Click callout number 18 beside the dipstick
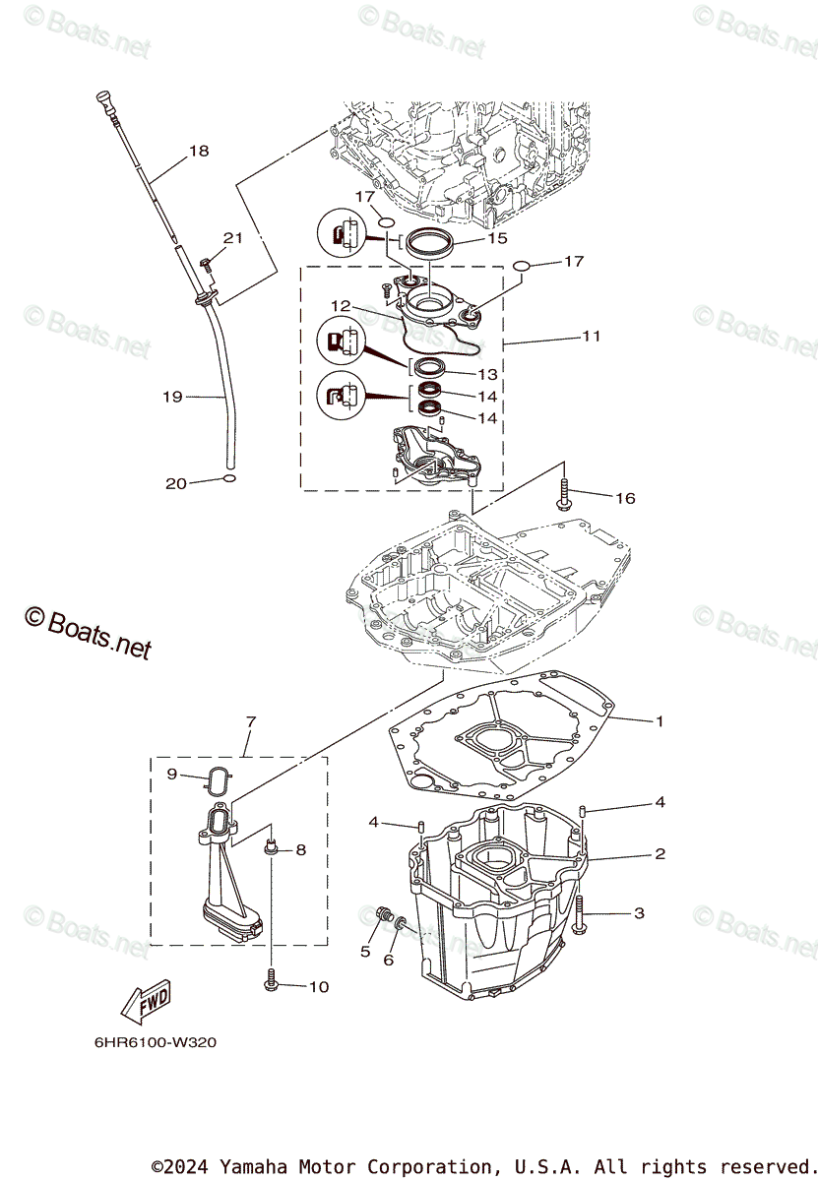pos(199,152)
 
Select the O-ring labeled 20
pos(228,479)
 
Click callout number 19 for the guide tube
pos(173,397)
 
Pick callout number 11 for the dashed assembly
pos(591,336)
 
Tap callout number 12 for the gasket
pos(340,305)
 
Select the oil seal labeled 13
pos(428,370)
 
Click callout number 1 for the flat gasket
pos(660,721)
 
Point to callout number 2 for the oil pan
pos(660,854)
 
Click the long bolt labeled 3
pos(580,912)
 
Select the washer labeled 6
pos(400,924)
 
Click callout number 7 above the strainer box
pos(250,722)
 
